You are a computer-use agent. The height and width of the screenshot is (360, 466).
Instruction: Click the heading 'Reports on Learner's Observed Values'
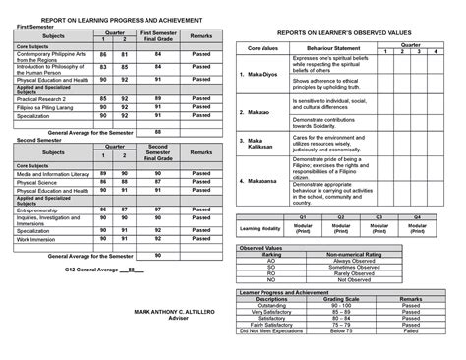click(x=338, y=32)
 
